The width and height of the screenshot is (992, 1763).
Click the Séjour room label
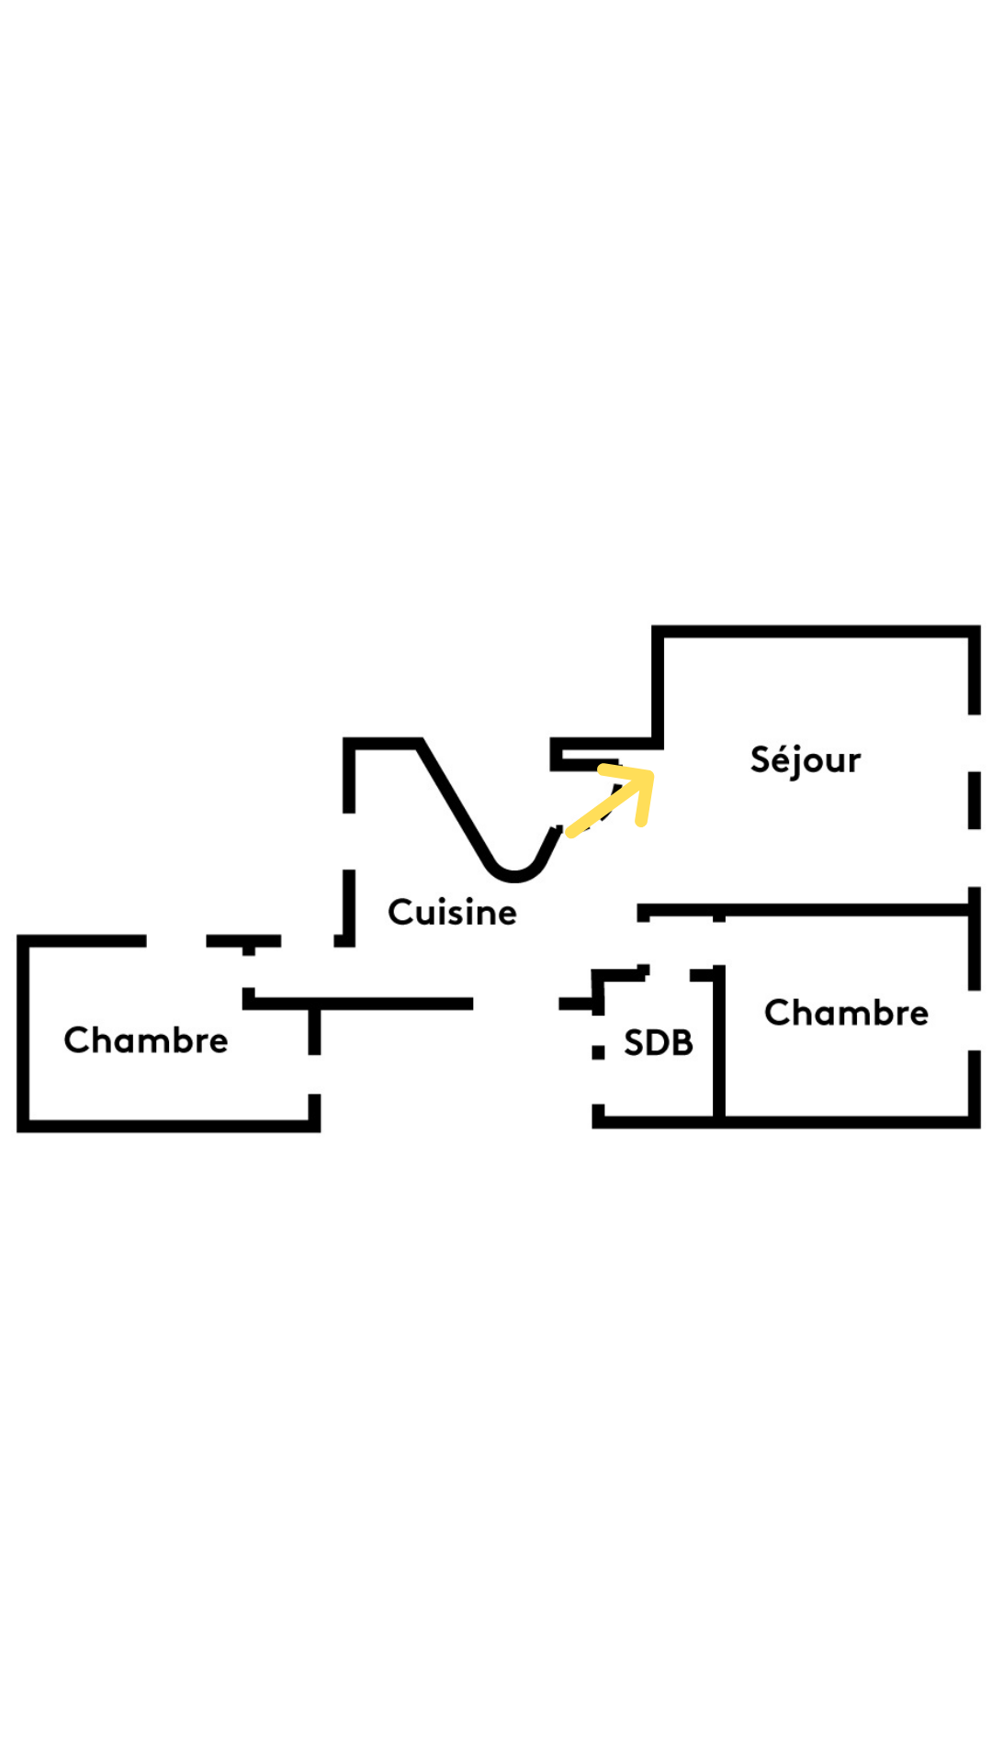pyautogui.click(x=805, y=760)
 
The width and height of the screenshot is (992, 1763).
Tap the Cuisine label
pyautogui.click(x=452, y=913)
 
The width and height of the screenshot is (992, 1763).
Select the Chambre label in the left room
pyautogui.click(x=146, y=1040)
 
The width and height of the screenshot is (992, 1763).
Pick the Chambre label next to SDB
pyautogui.click(x=846, y=1013)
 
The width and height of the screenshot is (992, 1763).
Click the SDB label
pyautogui.click(x=658, y=1043)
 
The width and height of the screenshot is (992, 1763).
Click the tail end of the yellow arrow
pyautogui.click(x=572, y=832)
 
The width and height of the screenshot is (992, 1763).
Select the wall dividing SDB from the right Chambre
pyautogui.click(x=719, y=1047)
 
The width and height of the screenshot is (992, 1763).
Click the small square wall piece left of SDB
pyautogui.click(x=598, y=1052)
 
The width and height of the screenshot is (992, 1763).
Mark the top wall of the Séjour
pyautogui.click(x=816, y=632)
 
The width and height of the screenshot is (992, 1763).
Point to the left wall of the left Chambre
pyautogui.click(x=24, y=1033)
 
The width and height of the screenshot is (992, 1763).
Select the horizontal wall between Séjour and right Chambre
pyautogui.click(x=808, y=911)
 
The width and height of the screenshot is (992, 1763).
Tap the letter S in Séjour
pyautogui.click(x=761, y=759)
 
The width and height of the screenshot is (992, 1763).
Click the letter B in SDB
pyautogui.click(x=682, y=1043)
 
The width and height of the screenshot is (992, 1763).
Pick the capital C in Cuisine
pyautogui.click(x=400, y=913)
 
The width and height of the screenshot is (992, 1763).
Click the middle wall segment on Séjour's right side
pyautogui.click(x=974, y=800)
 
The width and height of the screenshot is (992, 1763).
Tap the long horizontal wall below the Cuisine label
pyautogui.click(x=363, y=1004)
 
